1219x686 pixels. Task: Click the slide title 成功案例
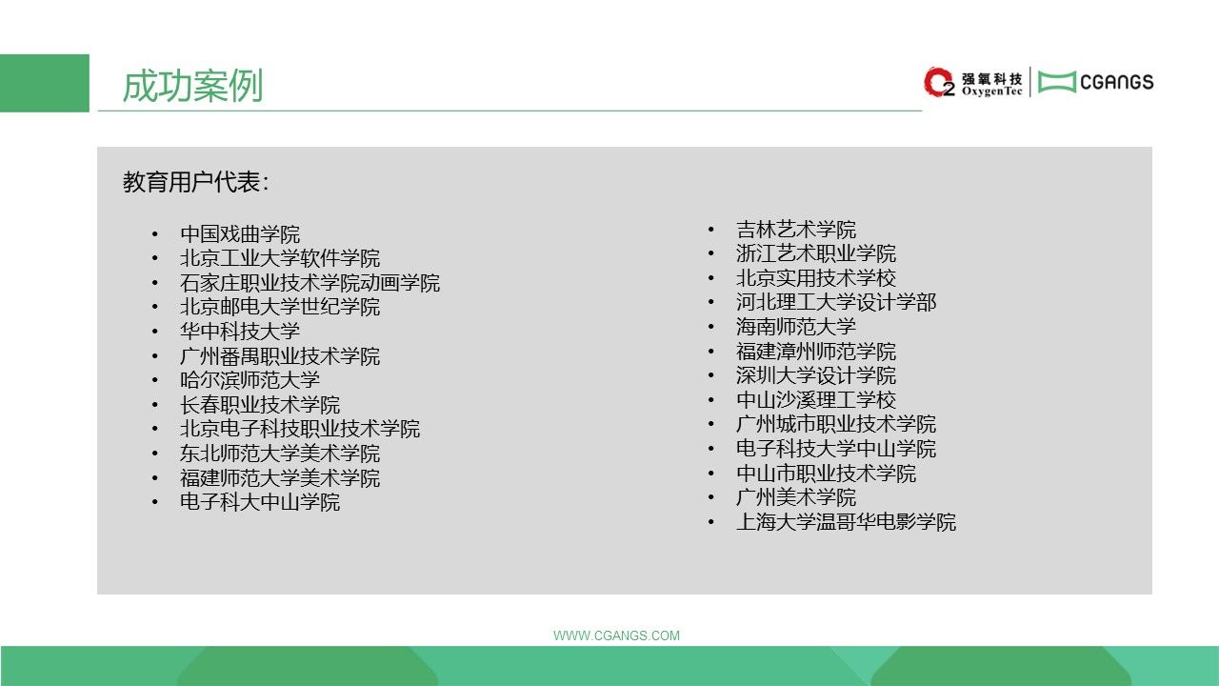click(x=192, y=86)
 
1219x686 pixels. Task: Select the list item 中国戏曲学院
click(x=240, y=234)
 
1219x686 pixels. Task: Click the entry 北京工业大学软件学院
click(x=280, y=258)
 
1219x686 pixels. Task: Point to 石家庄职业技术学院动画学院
click(x=310, y=283)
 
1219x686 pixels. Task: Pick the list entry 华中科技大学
click(x=240, y=331)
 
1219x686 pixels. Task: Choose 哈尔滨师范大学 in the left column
click(x=250, y=380)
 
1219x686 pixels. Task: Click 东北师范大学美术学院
click(x=280, y=453)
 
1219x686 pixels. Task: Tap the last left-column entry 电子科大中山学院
click(x=260, y=502)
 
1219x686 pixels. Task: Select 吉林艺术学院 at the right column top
click(x=796, y=230)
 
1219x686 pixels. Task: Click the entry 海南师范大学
click(x=796, y=327)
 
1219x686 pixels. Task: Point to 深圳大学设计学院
click(x=816, y=375)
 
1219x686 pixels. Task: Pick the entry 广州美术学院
click(x=796, y=497)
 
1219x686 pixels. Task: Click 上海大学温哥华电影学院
click(x=847, y=522)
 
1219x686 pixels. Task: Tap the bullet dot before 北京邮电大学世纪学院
click(x=155, y=307)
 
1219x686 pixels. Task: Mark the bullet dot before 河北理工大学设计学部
click(x=710, y=303)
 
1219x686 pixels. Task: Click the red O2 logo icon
click(x=939, y=82)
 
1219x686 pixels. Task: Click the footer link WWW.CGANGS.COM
click(x=616, y=636)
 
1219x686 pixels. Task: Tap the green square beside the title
click(x=45, y=83)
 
